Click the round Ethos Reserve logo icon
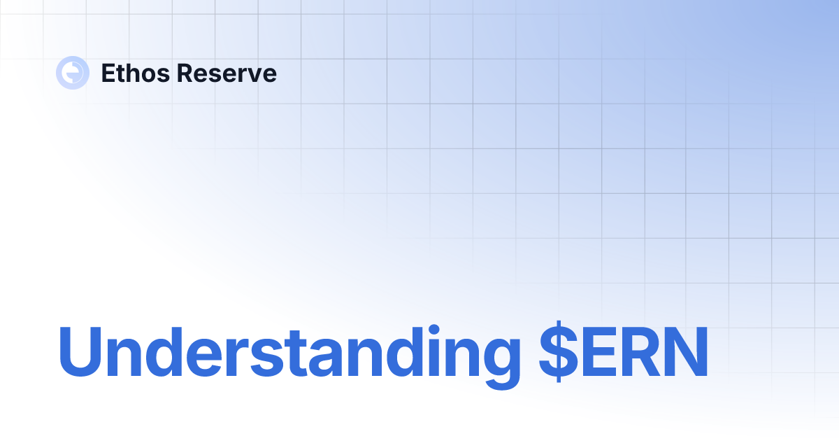click(x=73, y=73)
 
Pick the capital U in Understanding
click(x=79, y=352)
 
